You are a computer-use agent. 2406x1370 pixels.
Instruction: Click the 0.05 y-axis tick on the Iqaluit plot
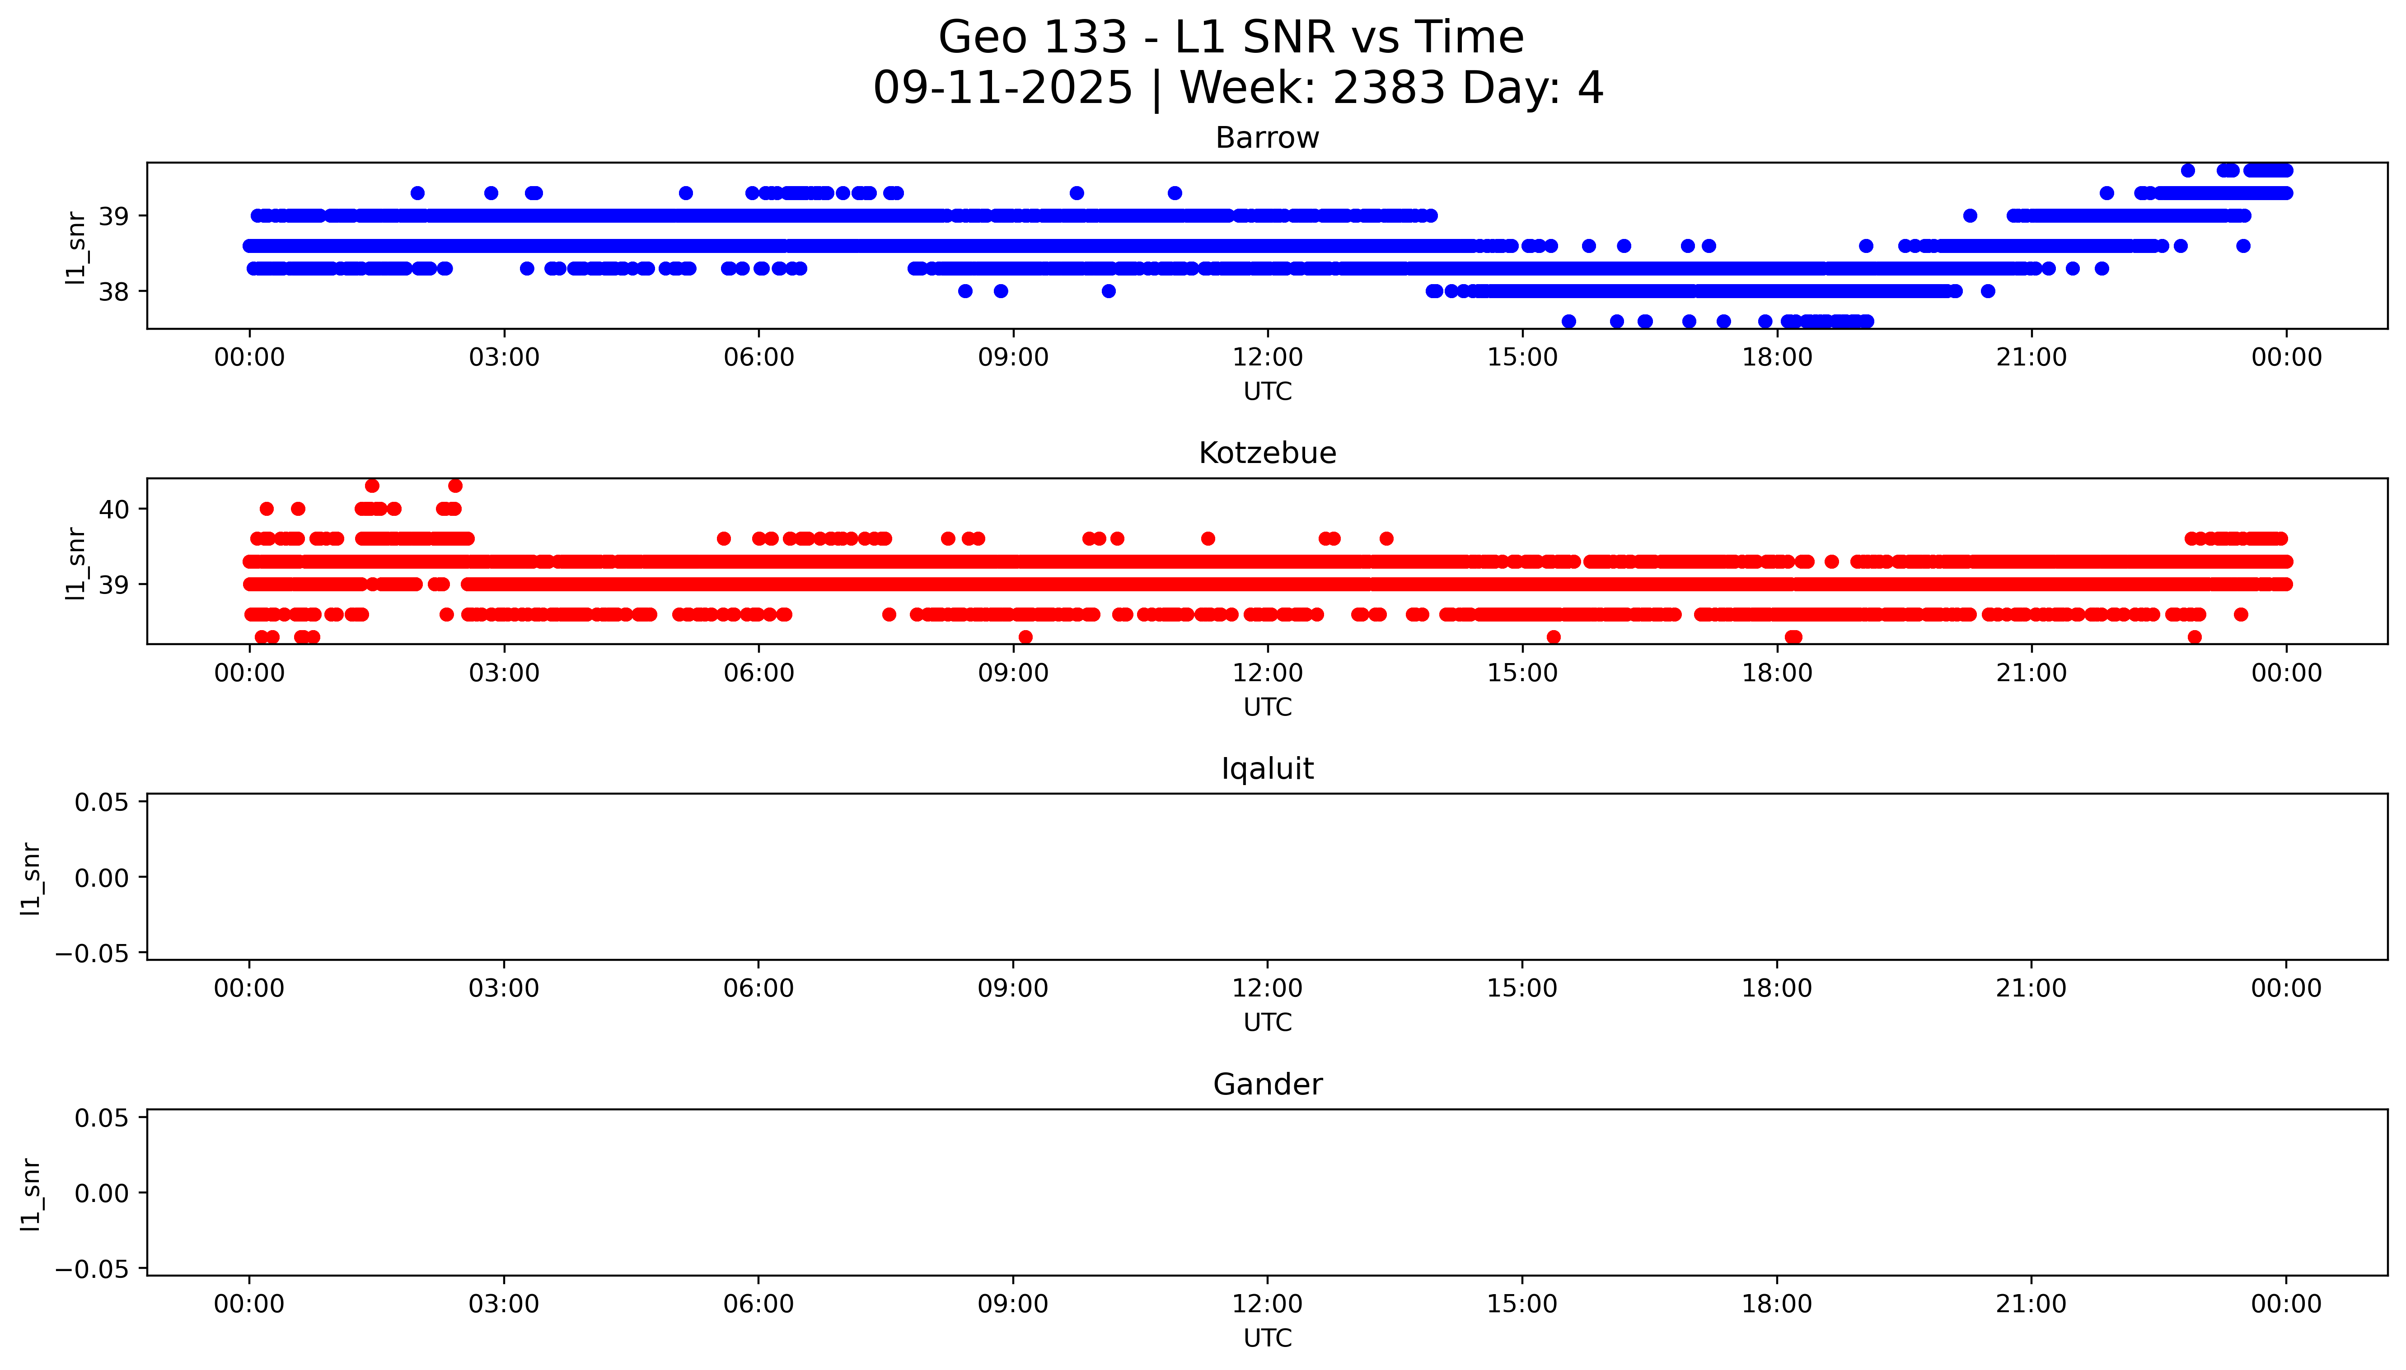102,803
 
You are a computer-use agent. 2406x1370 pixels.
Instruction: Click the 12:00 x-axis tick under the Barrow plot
1268,358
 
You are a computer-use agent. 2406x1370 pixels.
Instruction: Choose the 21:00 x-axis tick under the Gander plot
2031,1304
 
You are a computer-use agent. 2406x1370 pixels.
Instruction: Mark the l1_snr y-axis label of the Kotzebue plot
75,563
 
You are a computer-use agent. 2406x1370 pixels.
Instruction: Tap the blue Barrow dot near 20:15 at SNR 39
1970,215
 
